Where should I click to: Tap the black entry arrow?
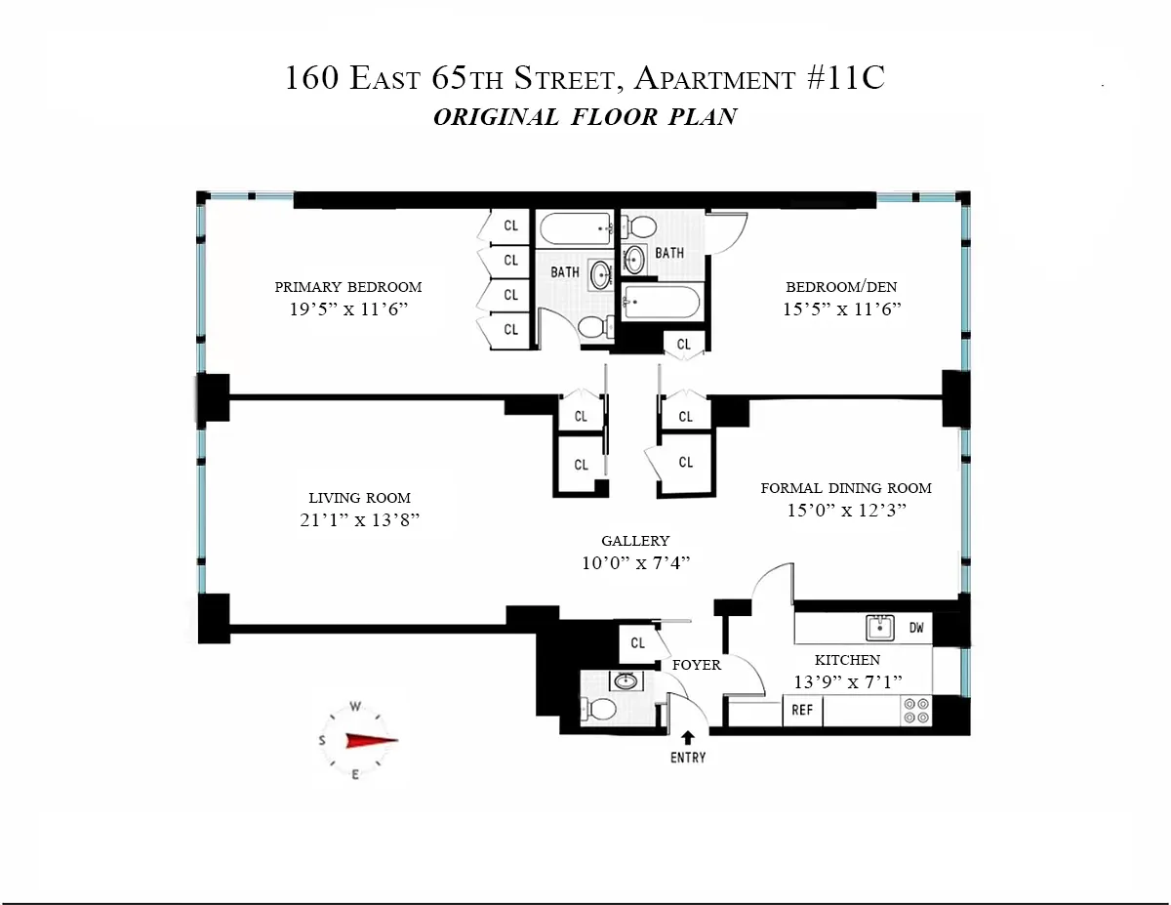[688, 738]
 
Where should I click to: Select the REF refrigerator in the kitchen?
[802, 711]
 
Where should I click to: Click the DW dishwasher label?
[916, 628]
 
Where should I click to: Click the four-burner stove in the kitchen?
[916, 710]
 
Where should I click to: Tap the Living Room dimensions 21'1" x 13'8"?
[360, 519]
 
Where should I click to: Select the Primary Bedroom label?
[348, 287]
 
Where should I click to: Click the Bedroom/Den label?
[841, 287]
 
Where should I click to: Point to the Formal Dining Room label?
[846, 488]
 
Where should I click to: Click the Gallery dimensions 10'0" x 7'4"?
[635, 562]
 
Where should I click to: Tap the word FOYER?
[697, 665]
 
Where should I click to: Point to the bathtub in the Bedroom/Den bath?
[662, 302]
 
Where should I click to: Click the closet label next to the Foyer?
[637, 643]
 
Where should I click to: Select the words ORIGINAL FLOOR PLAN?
[585, 117]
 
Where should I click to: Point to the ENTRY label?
[687, 758]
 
